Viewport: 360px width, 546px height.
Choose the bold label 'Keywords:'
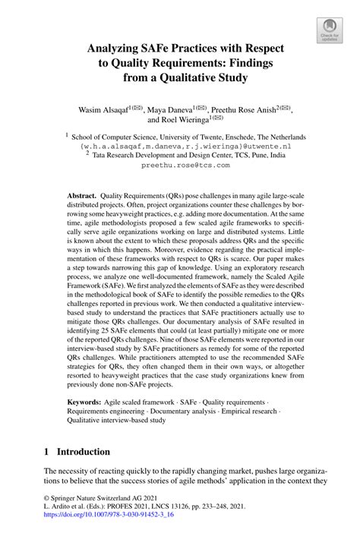87,399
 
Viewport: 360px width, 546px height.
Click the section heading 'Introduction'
78,451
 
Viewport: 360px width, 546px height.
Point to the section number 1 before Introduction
47,451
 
